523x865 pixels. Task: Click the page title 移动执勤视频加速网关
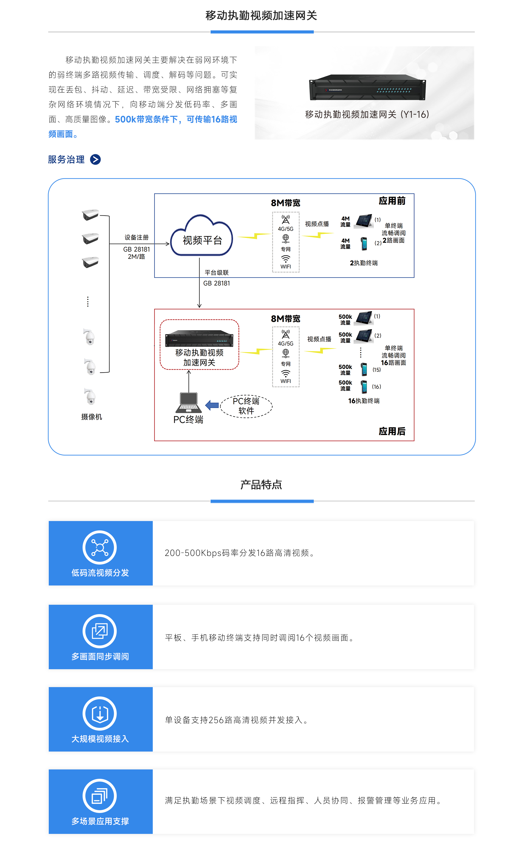[261, 15]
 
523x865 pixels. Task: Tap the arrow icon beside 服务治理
[95, 159]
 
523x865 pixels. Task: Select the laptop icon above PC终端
[189, 403]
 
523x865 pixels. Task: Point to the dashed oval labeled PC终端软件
[246, 406]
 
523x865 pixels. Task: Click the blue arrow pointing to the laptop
[212, 405]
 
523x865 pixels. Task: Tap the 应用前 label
[392, 201]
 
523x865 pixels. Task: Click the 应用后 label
[392, 431]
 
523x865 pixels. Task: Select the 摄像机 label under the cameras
[91, 417]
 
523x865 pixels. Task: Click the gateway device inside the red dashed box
[199, 338]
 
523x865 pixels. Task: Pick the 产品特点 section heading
[261, 485]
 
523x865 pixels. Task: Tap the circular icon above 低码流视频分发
[100, 547]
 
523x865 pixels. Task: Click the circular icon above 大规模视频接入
[100, 713]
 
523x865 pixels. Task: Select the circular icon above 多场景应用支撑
[100, 796]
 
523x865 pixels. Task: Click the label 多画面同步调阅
[100, 657]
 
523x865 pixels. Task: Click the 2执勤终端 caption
[364, 263]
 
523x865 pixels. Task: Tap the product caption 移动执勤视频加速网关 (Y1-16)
[367, 115]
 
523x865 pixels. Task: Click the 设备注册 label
[137, 237]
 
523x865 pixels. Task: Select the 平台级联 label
[217, 272]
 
